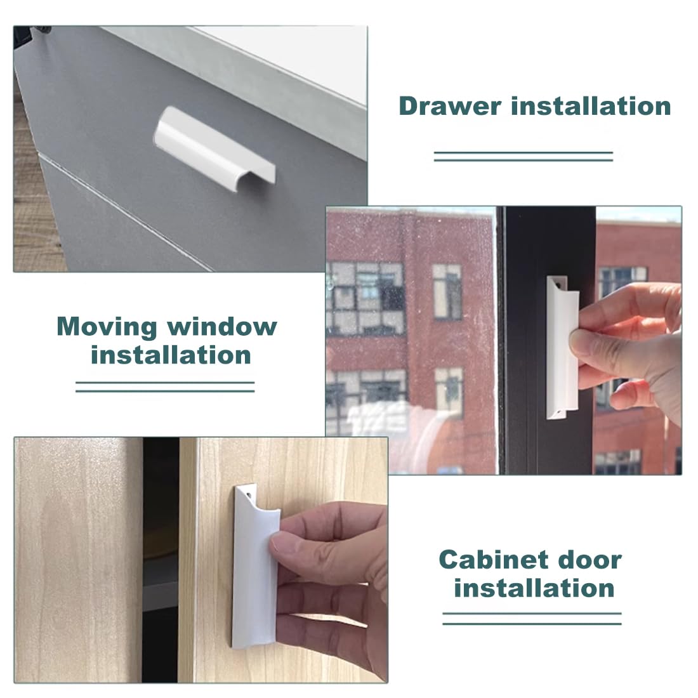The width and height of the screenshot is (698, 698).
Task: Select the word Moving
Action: [107, 327]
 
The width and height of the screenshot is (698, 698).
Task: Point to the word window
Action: [222, 327]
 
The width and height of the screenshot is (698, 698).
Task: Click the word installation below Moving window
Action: [171, 355]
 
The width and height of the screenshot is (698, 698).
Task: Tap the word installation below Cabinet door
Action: [534, 588]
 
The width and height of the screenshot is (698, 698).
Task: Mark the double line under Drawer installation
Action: [523, 156]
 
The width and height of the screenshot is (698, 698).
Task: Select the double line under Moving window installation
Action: [165, 386]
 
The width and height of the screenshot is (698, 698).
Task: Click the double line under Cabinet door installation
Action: [532, 619]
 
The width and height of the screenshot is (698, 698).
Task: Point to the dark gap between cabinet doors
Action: [160, 558]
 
